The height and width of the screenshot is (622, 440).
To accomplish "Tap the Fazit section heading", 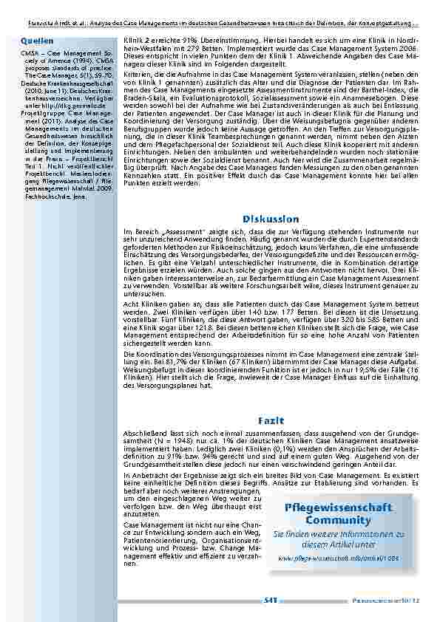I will pos(267,420).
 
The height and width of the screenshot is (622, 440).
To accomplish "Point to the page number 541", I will pos(270,601).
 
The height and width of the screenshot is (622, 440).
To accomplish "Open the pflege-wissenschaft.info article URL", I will pos(338,558).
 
